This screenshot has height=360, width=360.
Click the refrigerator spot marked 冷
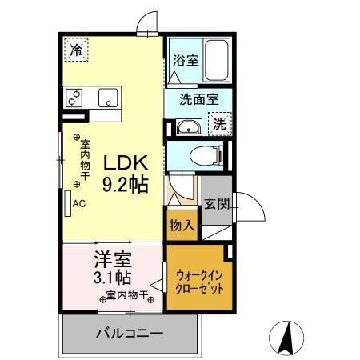click(x=77, y=50)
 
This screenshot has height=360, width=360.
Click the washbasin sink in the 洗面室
click(x=189, y=126)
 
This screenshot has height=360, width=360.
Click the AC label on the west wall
click(x=78, y=203)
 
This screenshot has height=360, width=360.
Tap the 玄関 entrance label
click(x=214, y=203)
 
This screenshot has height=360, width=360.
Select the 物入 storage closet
click(x=181, y=226)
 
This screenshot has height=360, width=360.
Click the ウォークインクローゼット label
click(x=199, y=281)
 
